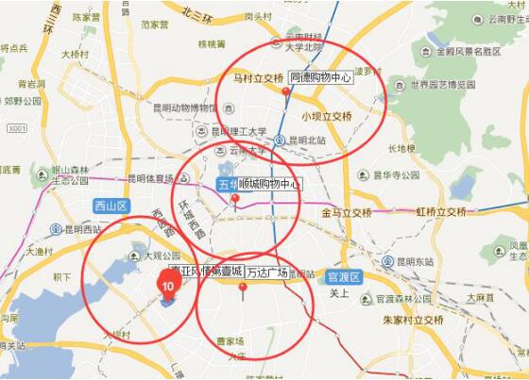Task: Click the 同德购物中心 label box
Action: (x=321, y=78)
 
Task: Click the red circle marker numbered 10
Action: (x=168, y=284)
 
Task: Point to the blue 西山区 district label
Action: (x=110, y=206)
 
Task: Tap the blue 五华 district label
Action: (x=228, y=184)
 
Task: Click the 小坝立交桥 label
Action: (x=327, y=117)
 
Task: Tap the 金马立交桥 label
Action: (x=346, y=213)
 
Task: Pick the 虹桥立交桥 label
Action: (x=441, y=212)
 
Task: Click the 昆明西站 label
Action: (x=80, y=229)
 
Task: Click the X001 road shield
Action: (x=16, y=128)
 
